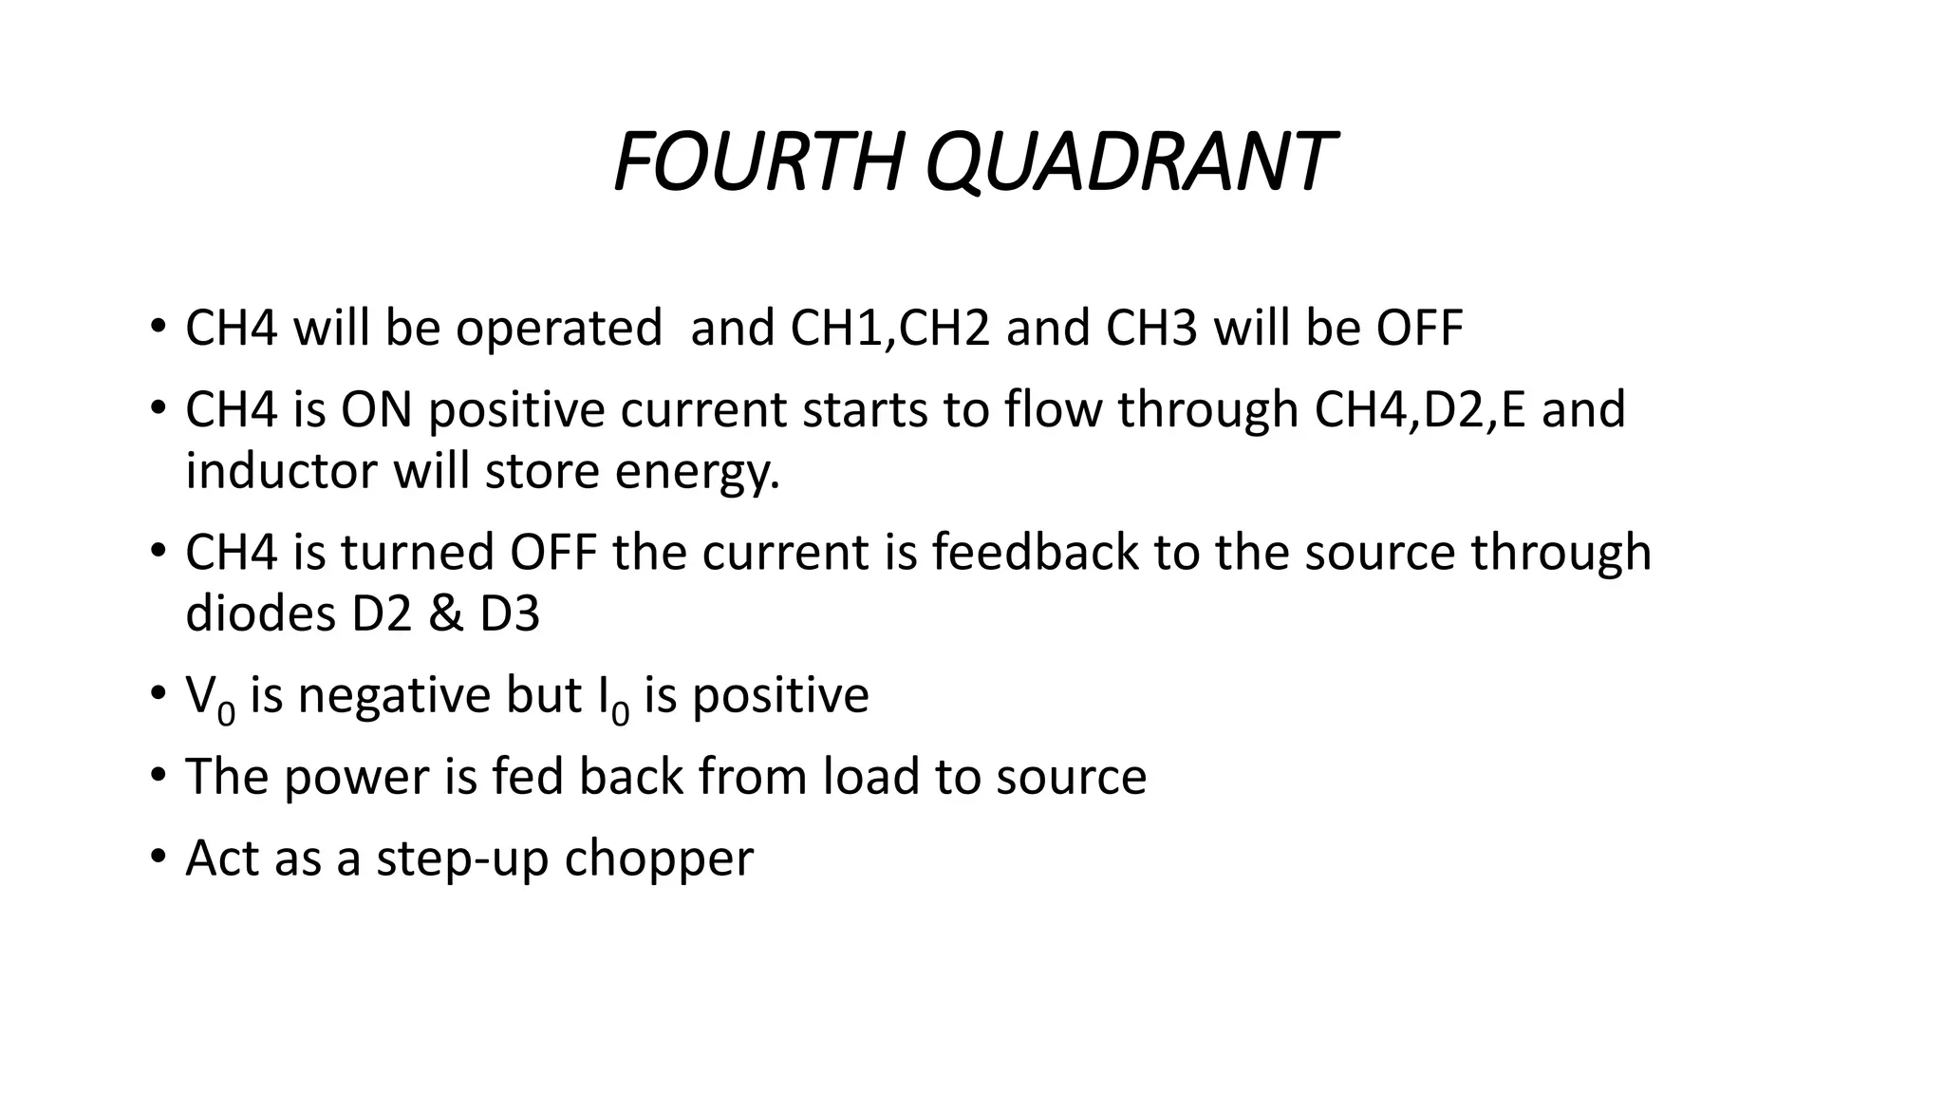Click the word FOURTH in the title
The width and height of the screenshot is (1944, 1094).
pos(757,161)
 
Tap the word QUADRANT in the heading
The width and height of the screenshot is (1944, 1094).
pos(1129,161)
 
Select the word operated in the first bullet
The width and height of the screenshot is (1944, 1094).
pos(558,329)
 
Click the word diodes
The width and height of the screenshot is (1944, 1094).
pos(260,613)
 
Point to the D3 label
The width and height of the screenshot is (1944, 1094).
pos(510,613)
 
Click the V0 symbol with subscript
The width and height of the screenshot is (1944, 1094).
pos(210,698)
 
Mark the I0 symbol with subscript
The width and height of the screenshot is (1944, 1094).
pos(613,698)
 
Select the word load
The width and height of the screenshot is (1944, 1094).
pos(870,776)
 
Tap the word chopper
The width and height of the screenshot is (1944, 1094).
pos(659,859)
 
